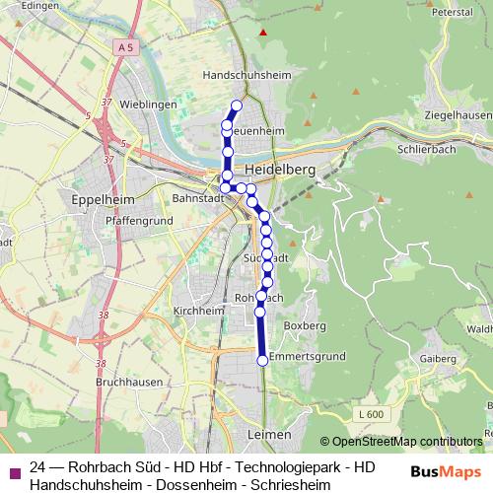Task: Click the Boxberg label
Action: [304, 324]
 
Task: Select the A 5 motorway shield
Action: [122, 47]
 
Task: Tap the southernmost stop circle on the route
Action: [262, 361]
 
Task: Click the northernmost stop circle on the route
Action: [236, 106]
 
